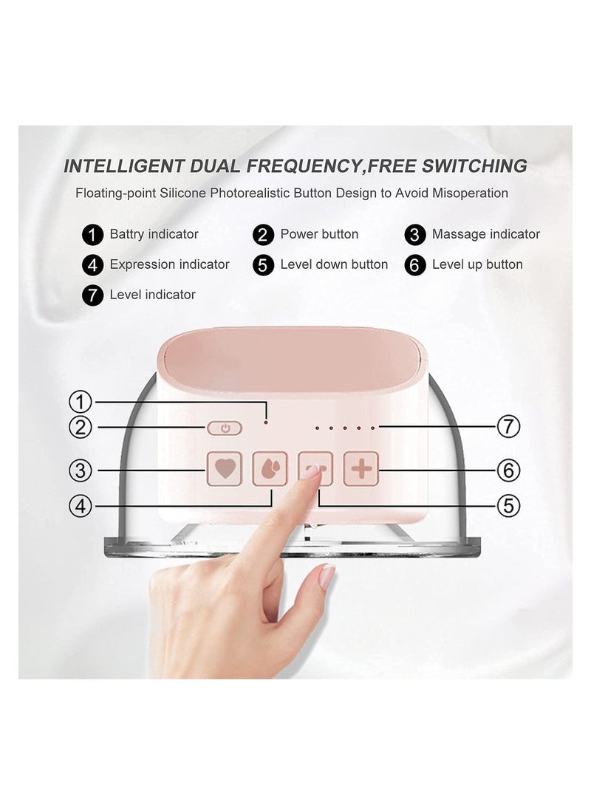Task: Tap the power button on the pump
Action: pos(225,428)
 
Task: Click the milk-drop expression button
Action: pos(270,468)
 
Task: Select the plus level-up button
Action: pos(361,468)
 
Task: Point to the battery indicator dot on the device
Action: pos(266,422)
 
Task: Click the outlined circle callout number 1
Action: pos(80,402)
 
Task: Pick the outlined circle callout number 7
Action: pos(508,426)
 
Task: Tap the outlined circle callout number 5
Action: pos(508,506)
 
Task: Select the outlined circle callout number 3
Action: pos(80,470)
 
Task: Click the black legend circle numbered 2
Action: pos(263,235)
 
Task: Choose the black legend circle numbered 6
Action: pos(415,265)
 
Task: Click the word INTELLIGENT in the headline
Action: pos(123,166)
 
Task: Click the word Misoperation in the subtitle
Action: pos(470,193)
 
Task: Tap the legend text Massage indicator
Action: pos(486,234)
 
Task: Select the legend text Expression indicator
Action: pos(169,264)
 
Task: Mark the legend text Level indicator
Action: pos(152,295)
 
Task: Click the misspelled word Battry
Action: pos(126,235)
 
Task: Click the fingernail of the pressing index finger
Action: pos(310,472)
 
